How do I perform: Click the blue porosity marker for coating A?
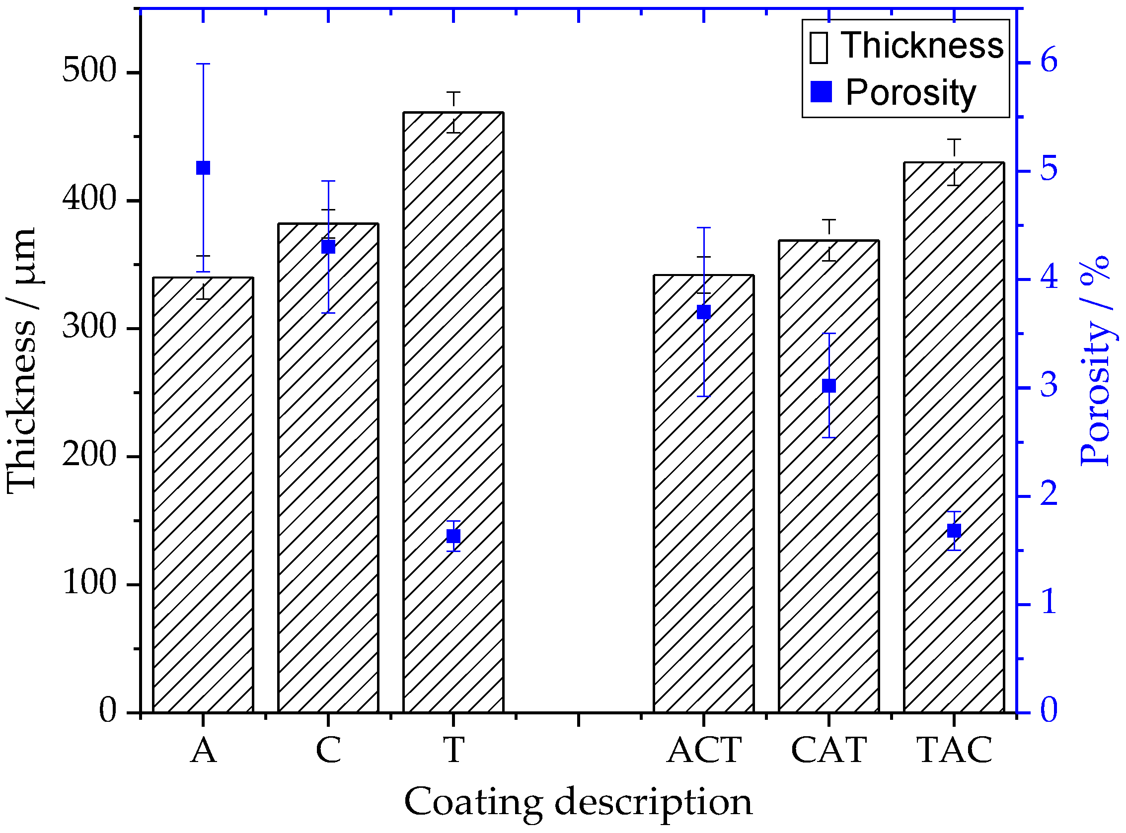203,168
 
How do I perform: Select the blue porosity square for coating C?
328,247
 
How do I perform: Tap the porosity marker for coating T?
453,536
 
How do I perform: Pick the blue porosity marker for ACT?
703,312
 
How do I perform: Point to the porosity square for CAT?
828,386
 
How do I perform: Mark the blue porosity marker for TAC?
954,531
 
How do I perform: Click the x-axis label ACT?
704,750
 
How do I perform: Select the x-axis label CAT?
828,750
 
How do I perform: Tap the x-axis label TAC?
954,750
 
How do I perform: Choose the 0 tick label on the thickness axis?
107,711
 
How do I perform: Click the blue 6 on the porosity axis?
1049,62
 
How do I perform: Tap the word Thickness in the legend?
922,45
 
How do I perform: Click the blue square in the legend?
821,92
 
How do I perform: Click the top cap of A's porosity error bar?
203,64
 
